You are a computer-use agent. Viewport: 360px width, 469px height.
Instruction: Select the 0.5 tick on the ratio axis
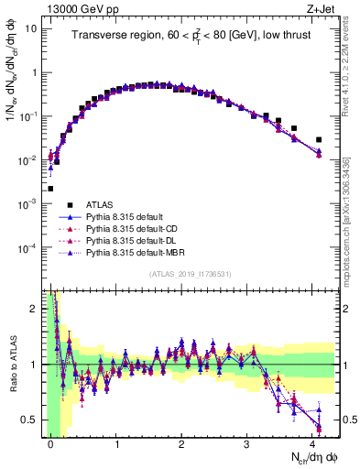point(31,420)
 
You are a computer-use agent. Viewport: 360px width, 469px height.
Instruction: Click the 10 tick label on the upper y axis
point(31,28)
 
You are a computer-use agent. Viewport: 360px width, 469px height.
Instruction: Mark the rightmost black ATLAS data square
point(319,140)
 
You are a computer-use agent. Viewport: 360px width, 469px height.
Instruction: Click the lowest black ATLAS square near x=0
point(50,189)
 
